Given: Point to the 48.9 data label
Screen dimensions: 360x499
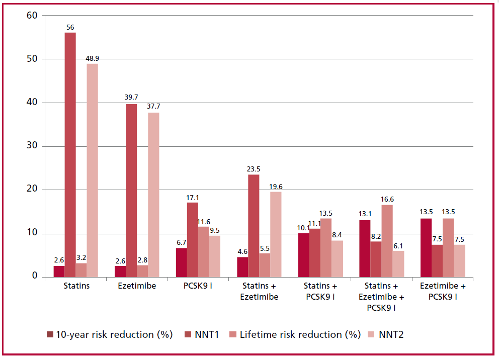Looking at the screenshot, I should coord(92,59).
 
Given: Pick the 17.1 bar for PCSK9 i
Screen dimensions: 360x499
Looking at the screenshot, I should coord(192,239).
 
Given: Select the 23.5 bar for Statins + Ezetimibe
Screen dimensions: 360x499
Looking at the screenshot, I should coord(254,225).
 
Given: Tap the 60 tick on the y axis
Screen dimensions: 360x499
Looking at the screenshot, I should coord(32,16).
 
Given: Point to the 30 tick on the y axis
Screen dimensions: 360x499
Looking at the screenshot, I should coord(32,146).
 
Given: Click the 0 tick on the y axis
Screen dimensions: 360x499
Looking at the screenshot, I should coord(34,276).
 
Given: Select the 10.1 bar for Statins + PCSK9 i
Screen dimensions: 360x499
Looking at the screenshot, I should coord(303,254).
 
